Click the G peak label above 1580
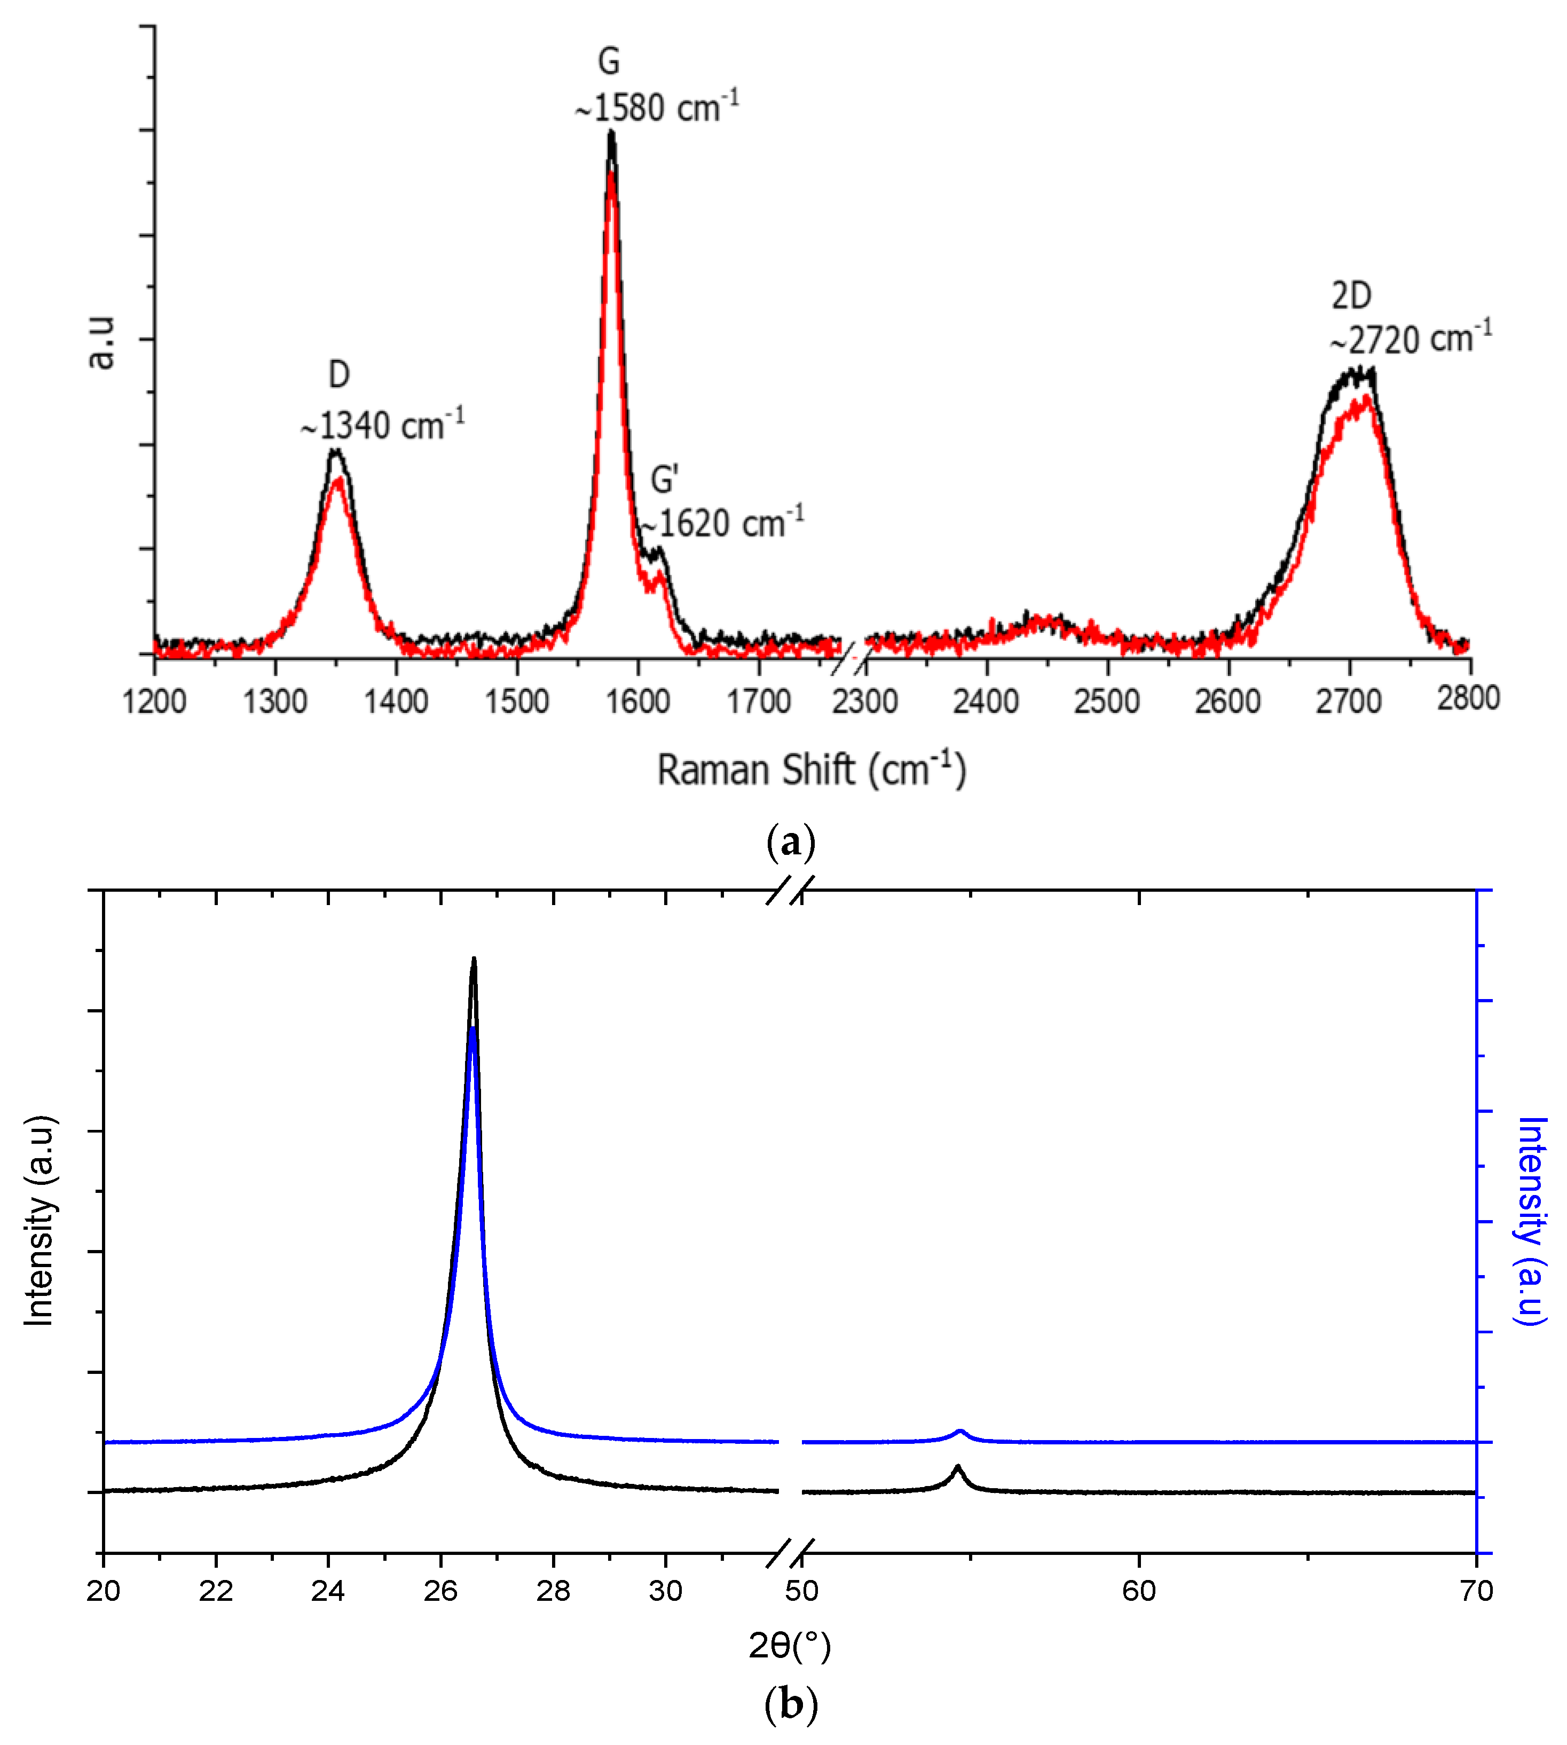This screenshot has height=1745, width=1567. (x=608, y=61)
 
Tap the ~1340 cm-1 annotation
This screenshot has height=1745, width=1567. (x=382, y=425)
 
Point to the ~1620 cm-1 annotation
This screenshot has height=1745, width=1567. (x=721, y=523)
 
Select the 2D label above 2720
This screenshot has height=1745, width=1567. (x=1351, y=296)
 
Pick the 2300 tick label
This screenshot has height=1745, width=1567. (x=864, y=702)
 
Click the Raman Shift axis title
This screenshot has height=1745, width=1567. (x=811, y=769)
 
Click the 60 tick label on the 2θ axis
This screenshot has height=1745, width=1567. (x=1138, y=1591)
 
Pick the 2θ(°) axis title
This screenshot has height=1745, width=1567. (x=790, y=1645)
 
